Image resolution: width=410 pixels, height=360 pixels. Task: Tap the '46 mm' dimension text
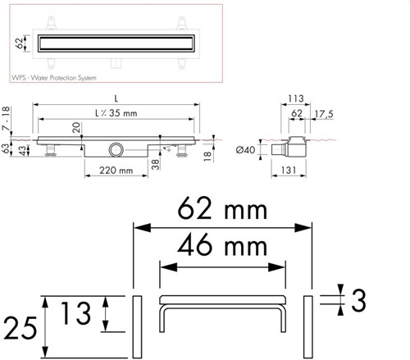[222, 245]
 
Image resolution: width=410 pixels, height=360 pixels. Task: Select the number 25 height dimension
[20, 328]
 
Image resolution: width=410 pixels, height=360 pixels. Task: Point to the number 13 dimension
[75, 313]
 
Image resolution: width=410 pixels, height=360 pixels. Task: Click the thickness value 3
[358, 300]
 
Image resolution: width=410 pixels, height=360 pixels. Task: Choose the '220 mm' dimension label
[116, 171]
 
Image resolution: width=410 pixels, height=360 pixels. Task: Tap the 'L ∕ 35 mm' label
[116, 113]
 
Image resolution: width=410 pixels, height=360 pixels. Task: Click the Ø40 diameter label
[245, 149]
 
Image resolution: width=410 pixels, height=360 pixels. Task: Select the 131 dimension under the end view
[289, 171]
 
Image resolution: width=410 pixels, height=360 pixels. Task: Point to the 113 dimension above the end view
[296, 98]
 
